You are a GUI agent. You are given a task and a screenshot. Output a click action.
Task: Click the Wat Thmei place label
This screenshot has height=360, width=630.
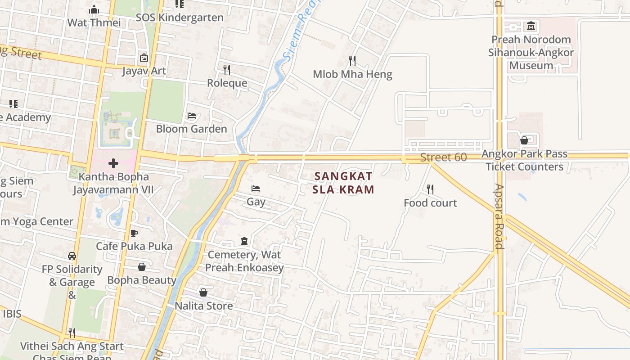pos(94,22)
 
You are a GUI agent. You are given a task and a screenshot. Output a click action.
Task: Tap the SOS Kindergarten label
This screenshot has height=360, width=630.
pos(180,18)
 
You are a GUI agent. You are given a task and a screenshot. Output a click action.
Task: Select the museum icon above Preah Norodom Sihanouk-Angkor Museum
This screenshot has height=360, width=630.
pos(531,26)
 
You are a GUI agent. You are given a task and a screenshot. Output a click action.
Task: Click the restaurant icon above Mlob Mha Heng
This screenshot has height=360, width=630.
pos(352,60)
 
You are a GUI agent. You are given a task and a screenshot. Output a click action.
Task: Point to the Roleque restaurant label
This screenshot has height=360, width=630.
pos(227,83)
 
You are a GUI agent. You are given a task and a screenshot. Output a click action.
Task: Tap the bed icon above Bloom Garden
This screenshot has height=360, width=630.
pos(191,116)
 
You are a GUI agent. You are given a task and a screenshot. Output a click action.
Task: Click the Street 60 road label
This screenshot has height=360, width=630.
pos(443,157)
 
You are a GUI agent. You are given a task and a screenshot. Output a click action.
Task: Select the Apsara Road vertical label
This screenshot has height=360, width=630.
pos(499,216)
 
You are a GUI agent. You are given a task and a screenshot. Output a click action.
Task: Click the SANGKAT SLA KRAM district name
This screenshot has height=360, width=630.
pos(344,183)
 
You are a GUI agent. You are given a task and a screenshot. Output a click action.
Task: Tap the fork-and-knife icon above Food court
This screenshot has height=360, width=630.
pos(430,189)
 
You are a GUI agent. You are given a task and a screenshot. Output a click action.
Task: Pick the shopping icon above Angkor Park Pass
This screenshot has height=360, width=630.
pos(524,140)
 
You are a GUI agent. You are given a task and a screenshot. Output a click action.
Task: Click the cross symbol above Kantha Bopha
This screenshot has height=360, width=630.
pos(113,163)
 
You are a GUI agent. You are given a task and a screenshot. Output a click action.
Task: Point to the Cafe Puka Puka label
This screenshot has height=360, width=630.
pos(134,246)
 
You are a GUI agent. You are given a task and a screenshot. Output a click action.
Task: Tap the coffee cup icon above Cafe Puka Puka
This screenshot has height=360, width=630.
pos(134,233)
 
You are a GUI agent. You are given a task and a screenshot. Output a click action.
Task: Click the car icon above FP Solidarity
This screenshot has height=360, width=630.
pos(72,256)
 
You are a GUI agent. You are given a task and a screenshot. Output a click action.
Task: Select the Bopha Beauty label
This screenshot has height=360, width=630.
pos(141,280)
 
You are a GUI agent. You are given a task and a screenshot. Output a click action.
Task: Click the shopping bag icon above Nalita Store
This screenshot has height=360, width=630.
pos(203,292)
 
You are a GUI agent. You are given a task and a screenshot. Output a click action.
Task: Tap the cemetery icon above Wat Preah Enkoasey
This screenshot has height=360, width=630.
pos(244,241)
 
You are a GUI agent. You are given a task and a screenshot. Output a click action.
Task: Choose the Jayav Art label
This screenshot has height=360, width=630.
pos(144,71)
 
